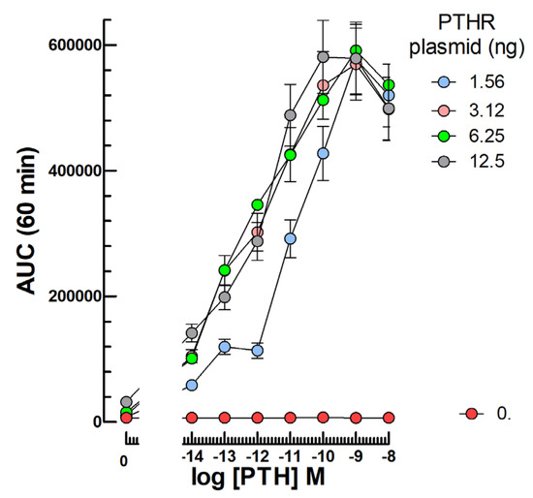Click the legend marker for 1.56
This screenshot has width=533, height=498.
point(443,83)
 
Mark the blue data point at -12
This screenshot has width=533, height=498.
point(258,350)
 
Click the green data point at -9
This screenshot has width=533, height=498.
point(356,50)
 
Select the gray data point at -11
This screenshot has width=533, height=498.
point(290,115)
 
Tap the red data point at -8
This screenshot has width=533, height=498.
point(389,418)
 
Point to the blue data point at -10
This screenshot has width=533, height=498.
point(323,153)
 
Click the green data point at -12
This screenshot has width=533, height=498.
point(258,204)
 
